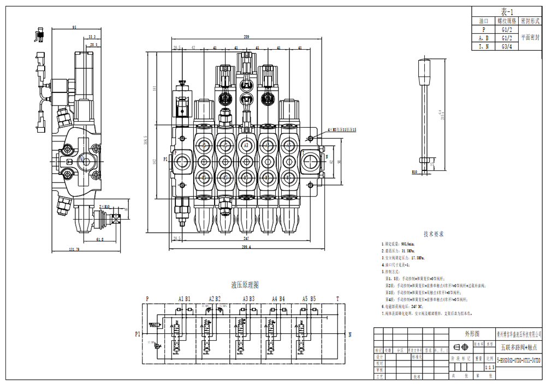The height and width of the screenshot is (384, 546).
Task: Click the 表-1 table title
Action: [x=506, y=12]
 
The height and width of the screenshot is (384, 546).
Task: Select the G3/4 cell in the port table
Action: [x=506, y=46]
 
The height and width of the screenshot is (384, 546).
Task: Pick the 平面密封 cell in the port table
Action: [x=531, y=38]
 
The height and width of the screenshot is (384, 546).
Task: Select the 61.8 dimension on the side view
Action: [x=100, y=239]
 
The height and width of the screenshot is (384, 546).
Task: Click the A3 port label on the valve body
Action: [x=246, y=146]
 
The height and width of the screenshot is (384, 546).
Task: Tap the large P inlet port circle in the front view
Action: [x=181, y=161]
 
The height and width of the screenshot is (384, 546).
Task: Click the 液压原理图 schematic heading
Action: [x=245, y=285]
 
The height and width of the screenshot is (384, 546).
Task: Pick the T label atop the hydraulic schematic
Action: [x=337, y=299]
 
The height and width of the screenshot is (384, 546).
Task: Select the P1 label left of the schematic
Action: [x=138, y=334]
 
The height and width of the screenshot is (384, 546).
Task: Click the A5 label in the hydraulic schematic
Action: [x=305, y=299]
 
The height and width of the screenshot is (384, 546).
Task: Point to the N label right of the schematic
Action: [x=349, y=334]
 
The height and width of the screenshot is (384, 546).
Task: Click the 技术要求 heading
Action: [x=434, y=233]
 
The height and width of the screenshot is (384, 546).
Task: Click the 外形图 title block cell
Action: [x=471, y=333]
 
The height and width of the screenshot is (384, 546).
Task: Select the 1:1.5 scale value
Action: [x=490, y=368]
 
